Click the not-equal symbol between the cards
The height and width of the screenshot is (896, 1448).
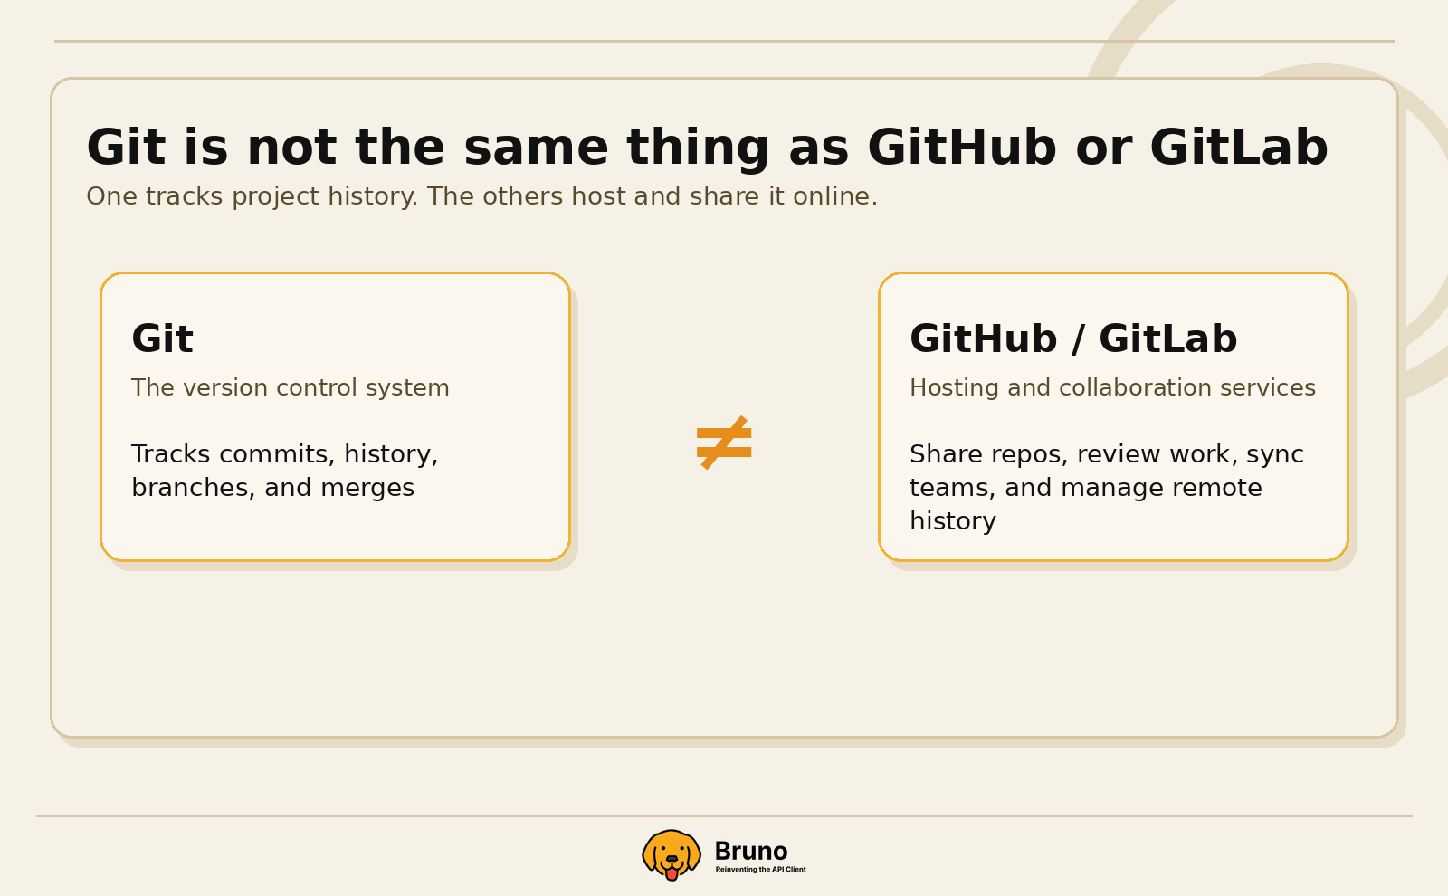click(x=724, y=443)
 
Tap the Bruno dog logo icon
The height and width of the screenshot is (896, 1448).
click(x=672, y=854)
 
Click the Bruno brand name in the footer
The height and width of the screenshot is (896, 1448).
click(x=750, y=851)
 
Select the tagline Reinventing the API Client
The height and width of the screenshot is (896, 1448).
click(x=760, y=870)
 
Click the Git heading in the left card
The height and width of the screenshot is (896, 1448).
click(x=162, y=339)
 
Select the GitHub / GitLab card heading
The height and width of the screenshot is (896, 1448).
click(x=1073, y=339)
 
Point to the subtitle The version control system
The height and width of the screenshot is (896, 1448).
click(x=290, y=387)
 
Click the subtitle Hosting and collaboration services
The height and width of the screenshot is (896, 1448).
click(x=1112, y=387)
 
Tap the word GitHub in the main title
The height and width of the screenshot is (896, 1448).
click(x=961, y=148)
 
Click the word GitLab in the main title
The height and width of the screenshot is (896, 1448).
click(x=1239, y=148)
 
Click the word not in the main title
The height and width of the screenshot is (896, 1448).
click(x=291, y=148)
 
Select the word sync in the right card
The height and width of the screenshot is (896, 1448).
click(x=1275, y=454)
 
